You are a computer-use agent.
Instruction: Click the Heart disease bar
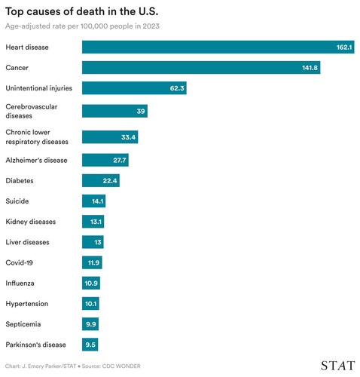pyautogui.click(x=218, y=47)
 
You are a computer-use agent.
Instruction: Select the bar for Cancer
pyautogui.click(x=201, y=68)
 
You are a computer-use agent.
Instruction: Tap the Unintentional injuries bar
pyautogui.click(x=134, y=88)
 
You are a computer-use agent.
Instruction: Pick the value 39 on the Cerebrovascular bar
pyautogui.click(x=141, y=111)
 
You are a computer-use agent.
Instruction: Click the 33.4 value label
pyautogui.click(x=128, y=137)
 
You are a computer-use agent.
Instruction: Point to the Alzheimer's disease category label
pyautogui.click(x=36, y=161)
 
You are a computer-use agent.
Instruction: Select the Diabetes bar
pyautogui.click(x=101, y=180)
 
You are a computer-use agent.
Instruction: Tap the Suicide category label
pyautogui.click(x=17, y=201)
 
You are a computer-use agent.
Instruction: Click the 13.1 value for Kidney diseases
pyautogui.click(x=96, y=222)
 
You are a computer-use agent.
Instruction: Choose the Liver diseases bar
pyautogui.click(x=93, y=242)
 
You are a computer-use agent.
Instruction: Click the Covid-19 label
pyautogui.click(x=19, y=262)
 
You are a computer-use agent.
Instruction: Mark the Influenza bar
pyautogui.click(x=91, y=283)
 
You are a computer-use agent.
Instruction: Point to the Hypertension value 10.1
pyautogui.click(x=91, y=304)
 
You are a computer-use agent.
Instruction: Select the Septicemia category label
pyautogui.click(x=23, y=324)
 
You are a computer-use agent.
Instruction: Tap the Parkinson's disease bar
pyautogui.click(x=90, y=345)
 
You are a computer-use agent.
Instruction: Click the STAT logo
pyautogui.click(x=338, y=366)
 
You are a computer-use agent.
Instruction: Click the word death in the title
pyautogui.click(x=90, y=11)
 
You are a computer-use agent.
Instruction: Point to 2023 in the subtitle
pyautogui.click(x=151, y=26)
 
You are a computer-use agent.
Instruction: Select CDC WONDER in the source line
pyautogui.click(x=121, y=366)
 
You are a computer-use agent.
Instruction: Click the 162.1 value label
pyautogui.click(x=344, y=48)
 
